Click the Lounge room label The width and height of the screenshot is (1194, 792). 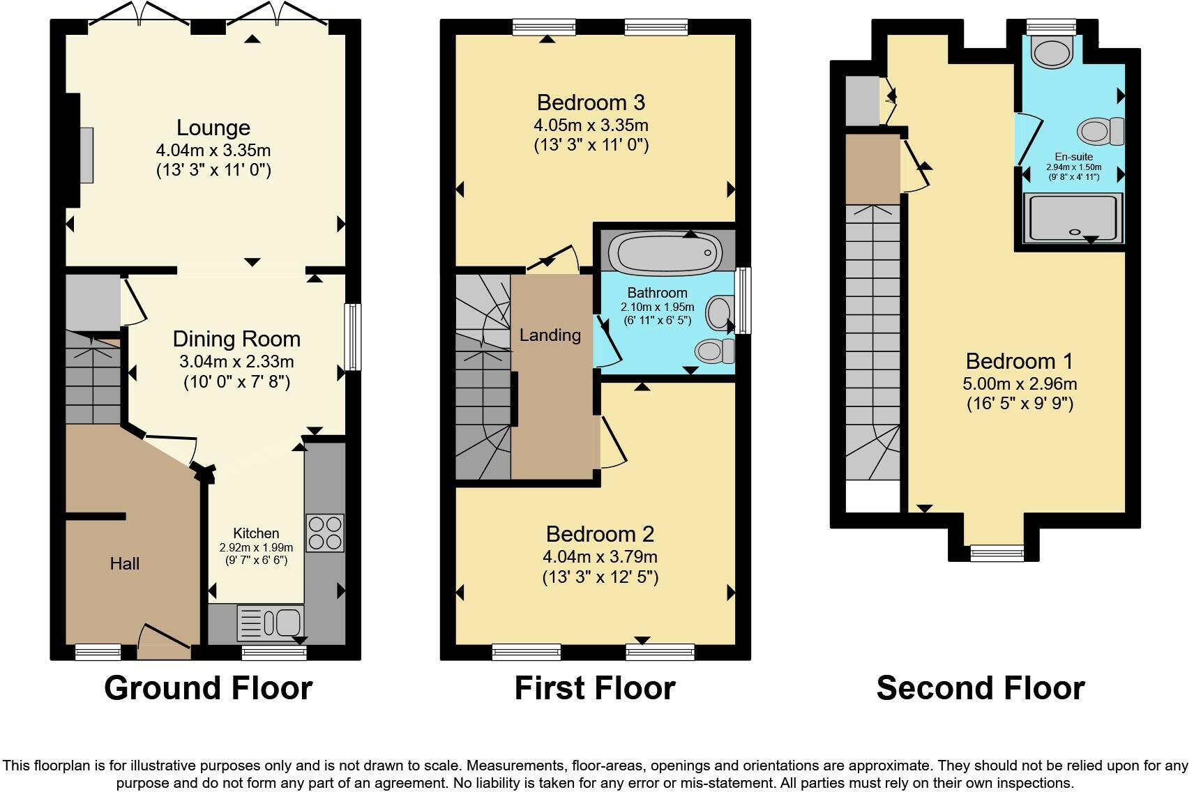click(x=213, y=128)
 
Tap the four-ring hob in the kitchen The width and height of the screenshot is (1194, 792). click(x=324, y=533)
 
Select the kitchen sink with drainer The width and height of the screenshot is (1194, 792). click(x=270, y=623)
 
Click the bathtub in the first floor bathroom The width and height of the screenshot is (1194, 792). click(x=665, y=253)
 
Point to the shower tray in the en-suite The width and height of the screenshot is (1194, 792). click(x=1073, y=218)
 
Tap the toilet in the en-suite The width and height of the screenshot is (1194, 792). click(x=1100, y=131)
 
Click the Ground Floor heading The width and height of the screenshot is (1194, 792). click(x=209, y=688)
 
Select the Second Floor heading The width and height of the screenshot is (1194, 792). click(x=981, y=688)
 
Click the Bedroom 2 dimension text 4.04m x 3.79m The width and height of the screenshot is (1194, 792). click(x=600, y=557)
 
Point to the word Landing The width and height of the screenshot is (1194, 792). click(x=550, y=335)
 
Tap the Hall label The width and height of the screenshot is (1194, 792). click(x=125, y=563)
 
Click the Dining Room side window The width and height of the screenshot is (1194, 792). click(x=352, y=337)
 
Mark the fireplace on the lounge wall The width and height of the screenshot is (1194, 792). click(x=87, y=155)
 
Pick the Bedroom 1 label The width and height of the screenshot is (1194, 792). click(x=1019, y=361)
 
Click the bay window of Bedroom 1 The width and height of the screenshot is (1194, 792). click(x=997, y=553)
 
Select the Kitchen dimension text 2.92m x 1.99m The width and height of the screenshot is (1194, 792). click(x=256, y=547)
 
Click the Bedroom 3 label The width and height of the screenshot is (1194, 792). click(x=591, y=102)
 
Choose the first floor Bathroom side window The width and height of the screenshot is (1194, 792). click(x=743, y=301)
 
